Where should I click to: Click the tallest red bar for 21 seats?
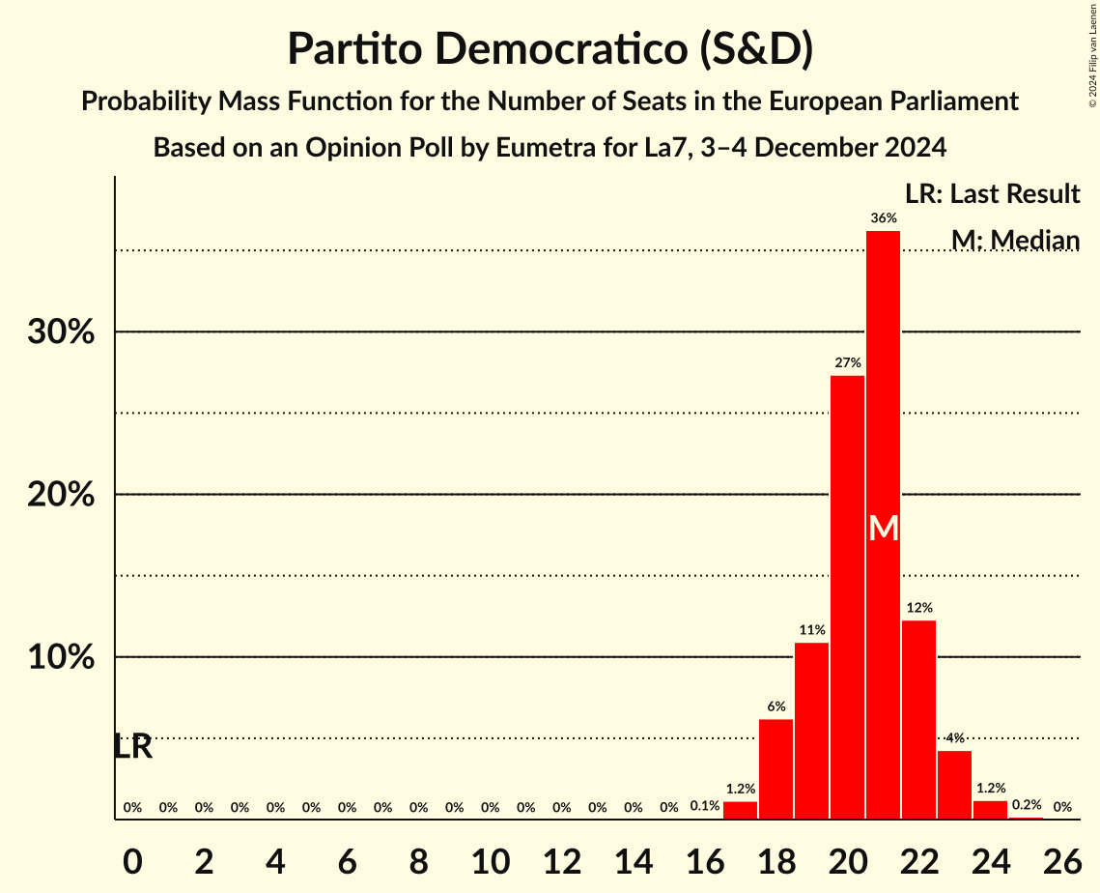(x=883, y=387)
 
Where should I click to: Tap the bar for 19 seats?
(x=811, y=731)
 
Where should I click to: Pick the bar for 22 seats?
(x=918, y=720)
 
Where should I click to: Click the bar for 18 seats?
(x=776, y=769)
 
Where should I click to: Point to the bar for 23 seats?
(x=954, y=785)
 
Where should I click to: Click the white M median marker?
(x=883, y=528)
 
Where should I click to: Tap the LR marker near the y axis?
(x=132, y=746)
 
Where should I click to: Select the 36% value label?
(x=883, y=218)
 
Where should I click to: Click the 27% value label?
(x=847, y=362)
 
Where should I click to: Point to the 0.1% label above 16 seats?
(x=704, y=806)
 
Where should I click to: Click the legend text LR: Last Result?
(x=992, y=194)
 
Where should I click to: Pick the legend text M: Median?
(x=1015, y=240)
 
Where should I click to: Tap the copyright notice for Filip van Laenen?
(x=1092, y=53)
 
